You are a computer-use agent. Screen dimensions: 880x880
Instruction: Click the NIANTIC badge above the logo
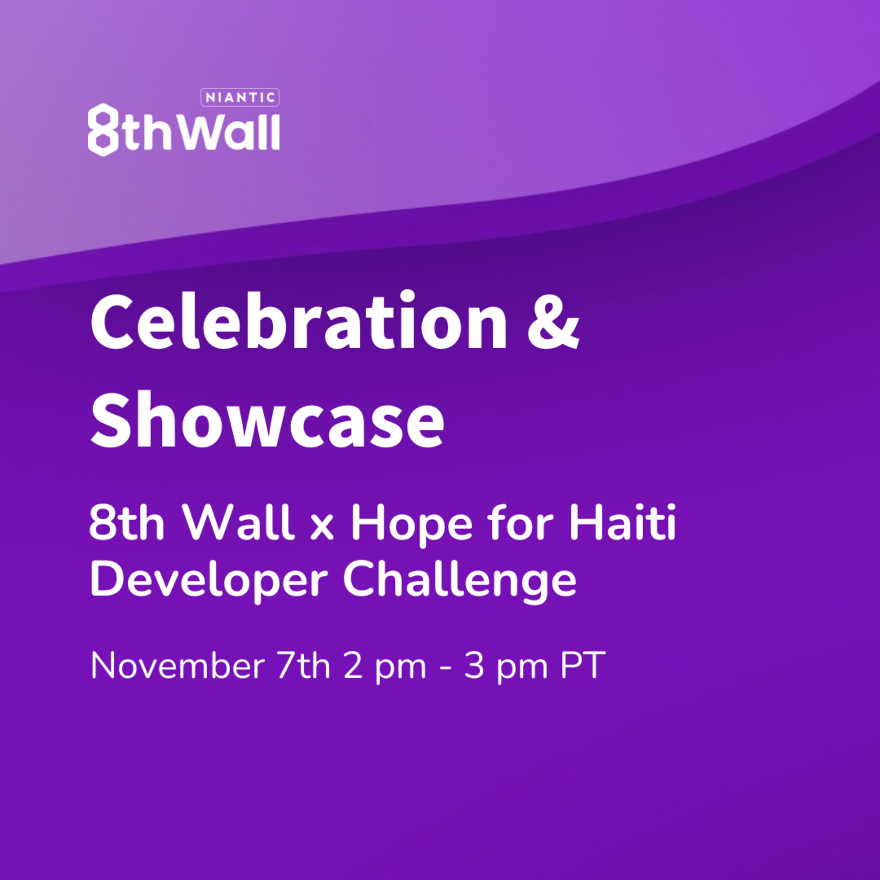[x=240, y=97]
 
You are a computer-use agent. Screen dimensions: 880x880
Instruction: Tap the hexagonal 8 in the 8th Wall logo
[x=103, y=130]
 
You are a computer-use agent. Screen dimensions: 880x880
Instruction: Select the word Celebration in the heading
[x=299, y=321]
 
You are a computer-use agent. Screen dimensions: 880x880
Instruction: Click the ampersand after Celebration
[x=553, y=321]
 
